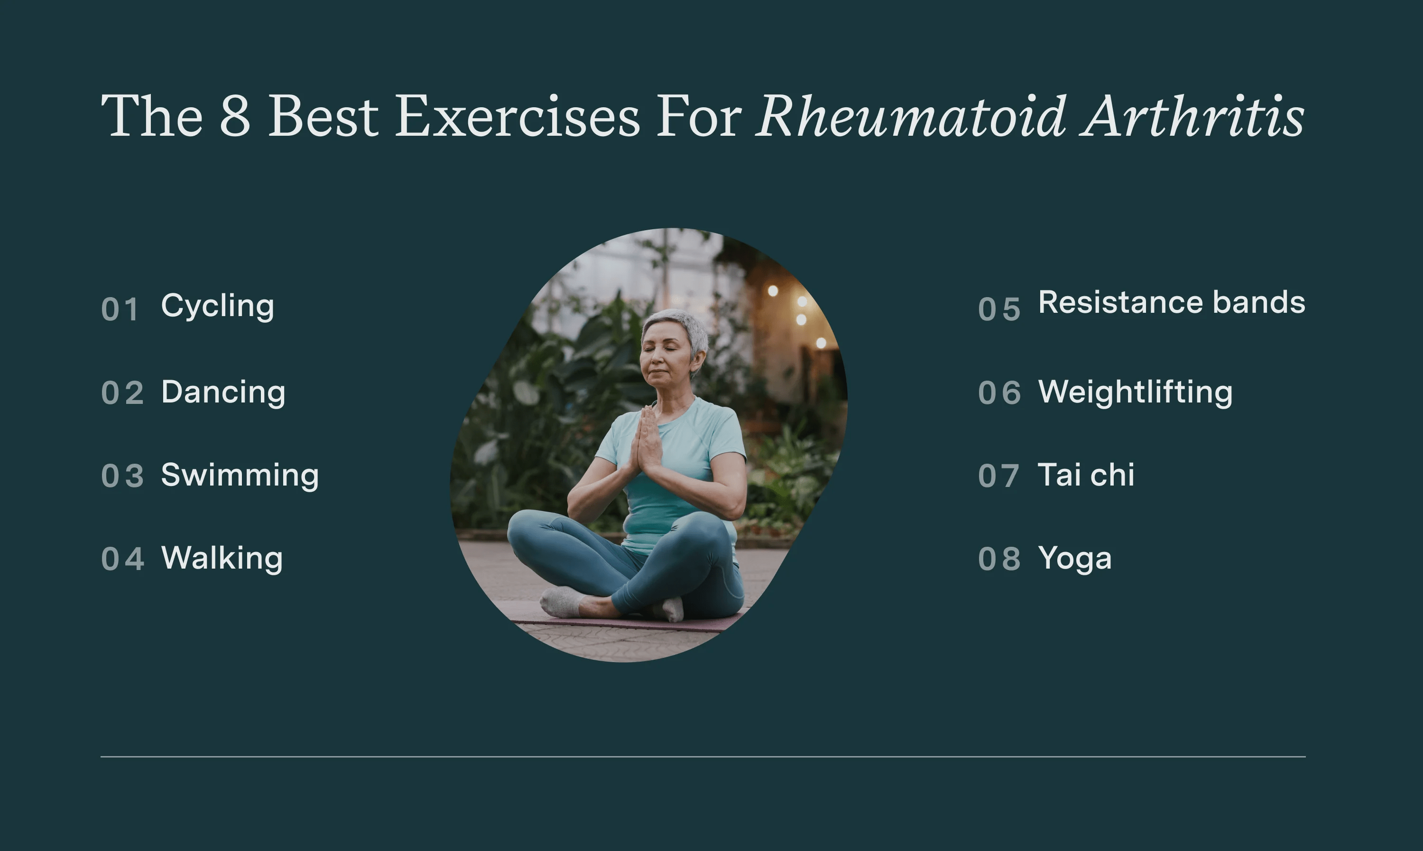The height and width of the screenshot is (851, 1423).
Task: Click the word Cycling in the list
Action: [217, 306]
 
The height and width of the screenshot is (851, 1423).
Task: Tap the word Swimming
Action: [240, 476]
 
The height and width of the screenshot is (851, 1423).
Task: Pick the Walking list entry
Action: [222, 558]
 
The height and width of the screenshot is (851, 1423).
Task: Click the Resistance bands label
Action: [1172, 302]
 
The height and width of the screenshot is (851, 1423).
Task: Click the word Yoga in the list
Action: [1074, 559]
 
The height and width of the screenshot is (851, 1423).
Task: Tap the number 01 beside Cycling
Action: [120, 309]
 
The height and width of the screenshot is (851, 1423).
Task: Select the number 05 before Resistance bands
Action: [999, 309]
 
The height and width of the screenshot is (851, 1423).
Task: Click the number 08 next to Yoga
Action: [999, 559]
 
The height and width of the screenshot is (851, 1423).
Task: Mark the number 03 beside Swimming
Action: [122, 476]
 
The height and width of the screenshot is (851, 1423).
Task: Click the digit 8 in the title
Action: [235, 116]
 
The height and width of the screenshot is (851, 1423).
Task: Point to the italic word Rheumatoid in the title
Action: [911, 116]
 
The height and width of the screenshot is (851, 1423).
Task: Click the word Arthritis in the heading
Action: [1192, 116]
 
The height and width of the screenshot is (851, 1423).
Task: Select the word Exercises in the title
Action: [517, 116]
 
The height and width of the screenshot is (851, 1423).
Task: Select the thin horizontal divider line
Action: [702, 757]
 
